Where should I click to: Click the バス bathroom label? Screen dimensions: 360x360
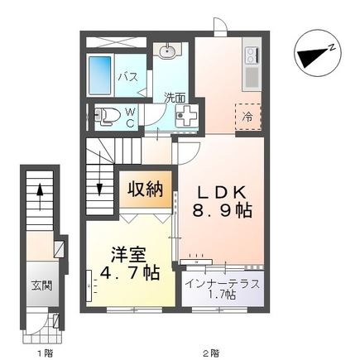[x=127, y=77]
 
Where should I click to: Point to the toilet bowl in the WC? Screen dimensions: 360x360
[x=102, y=115]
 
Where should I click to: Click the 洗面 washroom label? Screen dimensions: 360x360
[x=174, y=98]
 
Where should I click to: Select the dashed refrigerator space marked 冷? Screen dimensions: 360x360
[x=247, y=117]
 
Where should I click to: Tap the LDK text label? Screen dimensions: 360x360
[x=219, y=191]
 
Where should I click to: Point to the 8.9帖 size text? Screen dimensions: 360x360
[x=221, y=213]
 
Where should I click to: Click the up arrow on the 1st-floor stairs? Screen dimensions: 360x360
[x=39, y=193]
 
